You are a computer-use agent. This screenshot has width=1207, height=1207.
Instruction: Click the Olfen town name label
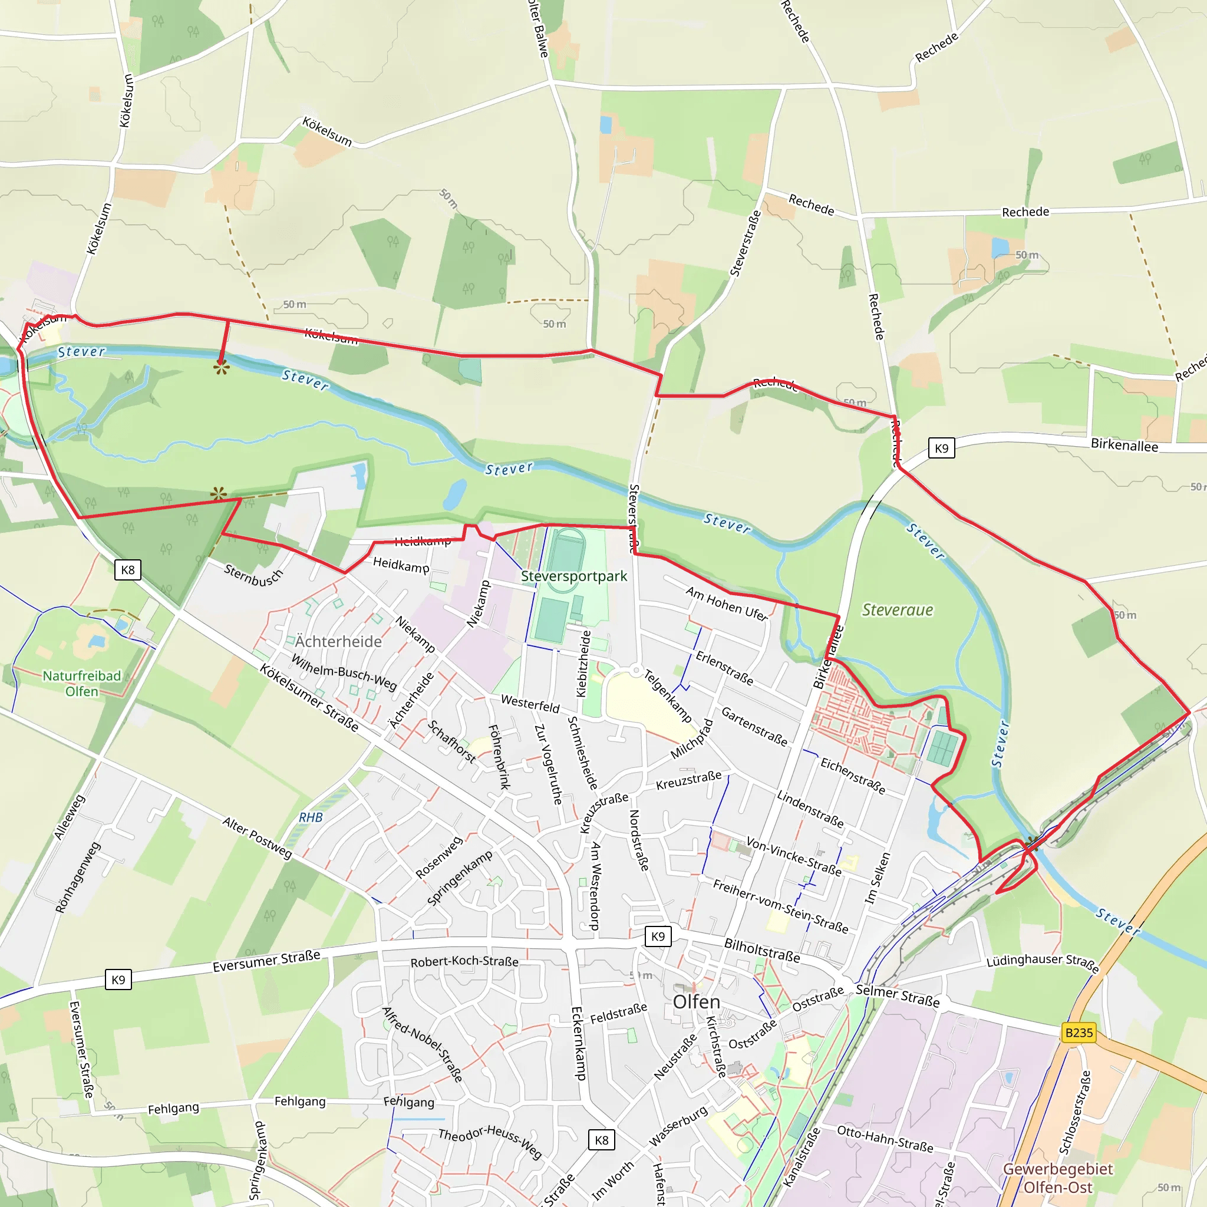(696, 1002)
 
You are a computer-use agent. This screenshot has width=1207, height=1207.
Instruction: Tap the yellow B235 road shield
(1079, 1033)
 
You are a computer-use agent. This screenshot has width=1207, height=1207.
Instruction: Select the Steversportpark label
(573, 576)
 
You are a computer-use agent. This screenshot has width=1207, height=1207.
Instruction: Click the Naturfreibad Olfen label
(82, 684)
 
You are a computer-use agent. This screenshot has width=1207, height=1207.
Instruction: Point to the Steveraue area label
(897, 610)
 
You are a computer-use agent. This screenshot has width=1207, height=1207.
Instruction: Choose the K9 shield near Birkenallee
(941, 448)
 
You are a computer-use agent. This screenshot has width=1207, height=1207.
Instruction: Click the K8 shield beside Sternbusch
(127, 570)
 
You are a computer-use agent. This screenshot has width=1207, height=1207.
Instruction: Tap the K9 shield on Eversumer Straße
(118, 980)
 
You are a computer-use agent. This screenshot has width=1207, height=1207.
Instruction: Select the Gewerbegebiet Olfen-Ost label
(1058, 1178)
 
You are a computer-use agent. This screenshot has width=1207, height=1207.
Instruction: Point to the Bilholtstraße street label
(761, 949)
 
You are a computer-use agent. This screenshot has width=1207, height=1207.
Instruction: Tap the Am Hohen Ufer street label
(727, 603)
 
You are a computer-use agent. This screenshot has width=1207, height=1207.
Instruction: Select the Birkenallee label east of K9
(1124, 446)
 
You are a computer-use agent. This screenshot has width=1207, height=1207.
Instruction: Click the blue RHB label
(311, 817)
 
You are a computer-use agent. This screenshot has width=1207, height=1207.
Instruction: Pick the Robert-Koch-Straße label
(464, 961)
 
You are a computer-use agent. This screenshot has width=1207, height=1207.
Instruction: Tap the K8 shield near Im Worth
(601, 1140)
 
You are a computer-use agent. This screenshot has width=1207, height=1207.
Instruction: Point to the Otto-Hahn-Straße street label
(885, 1139)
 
